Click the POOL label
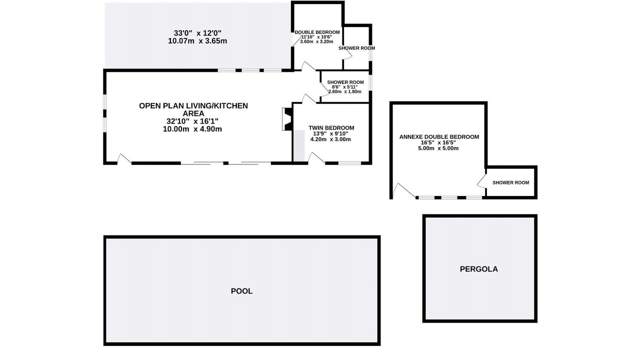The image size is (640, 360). (x=241, y=291)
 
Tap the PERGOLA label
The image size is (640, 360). (x=479, y=269)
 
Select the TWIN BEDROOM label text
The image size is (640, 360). (x=331, y=127)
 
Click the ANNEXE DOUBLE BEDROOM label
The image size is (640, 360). (x=439, y=137)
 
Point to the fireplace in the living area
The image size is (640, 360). (x=287, y=119)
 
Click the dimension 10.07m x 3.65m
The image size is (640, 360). (x=197, y=41)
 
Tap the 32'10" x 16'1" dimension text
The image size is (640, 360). (x=192, y=121)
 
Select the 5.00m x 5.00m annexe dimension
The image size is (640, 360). (x=438, y=148)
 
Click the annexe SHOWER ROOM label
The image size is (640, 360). (x=510, y=182)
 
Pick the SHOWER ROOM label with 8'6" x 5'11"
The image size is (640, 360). (x=345, y=82)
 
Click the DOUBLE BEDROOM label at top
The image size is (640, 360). (x=317, y=32)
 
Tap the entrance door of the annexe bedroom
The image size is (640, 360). (x=403, y=190)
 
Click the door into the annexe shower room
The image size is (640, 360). (x=481, y=181)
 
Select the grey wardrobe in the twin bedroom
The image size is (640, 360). (x=299, y=145)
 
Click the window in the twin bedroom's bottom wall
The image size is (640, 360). (x=349, y=163)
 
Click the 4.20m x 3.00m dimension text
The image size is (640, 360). (x=330, y=139)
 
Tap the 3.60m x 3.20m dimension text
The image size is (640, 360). (x=316, y=41)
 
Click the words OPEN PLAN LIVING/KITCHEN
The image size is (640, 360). (x=193, y=105)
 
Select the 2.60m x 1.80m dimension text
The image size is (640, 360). (x=345, y=91)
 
